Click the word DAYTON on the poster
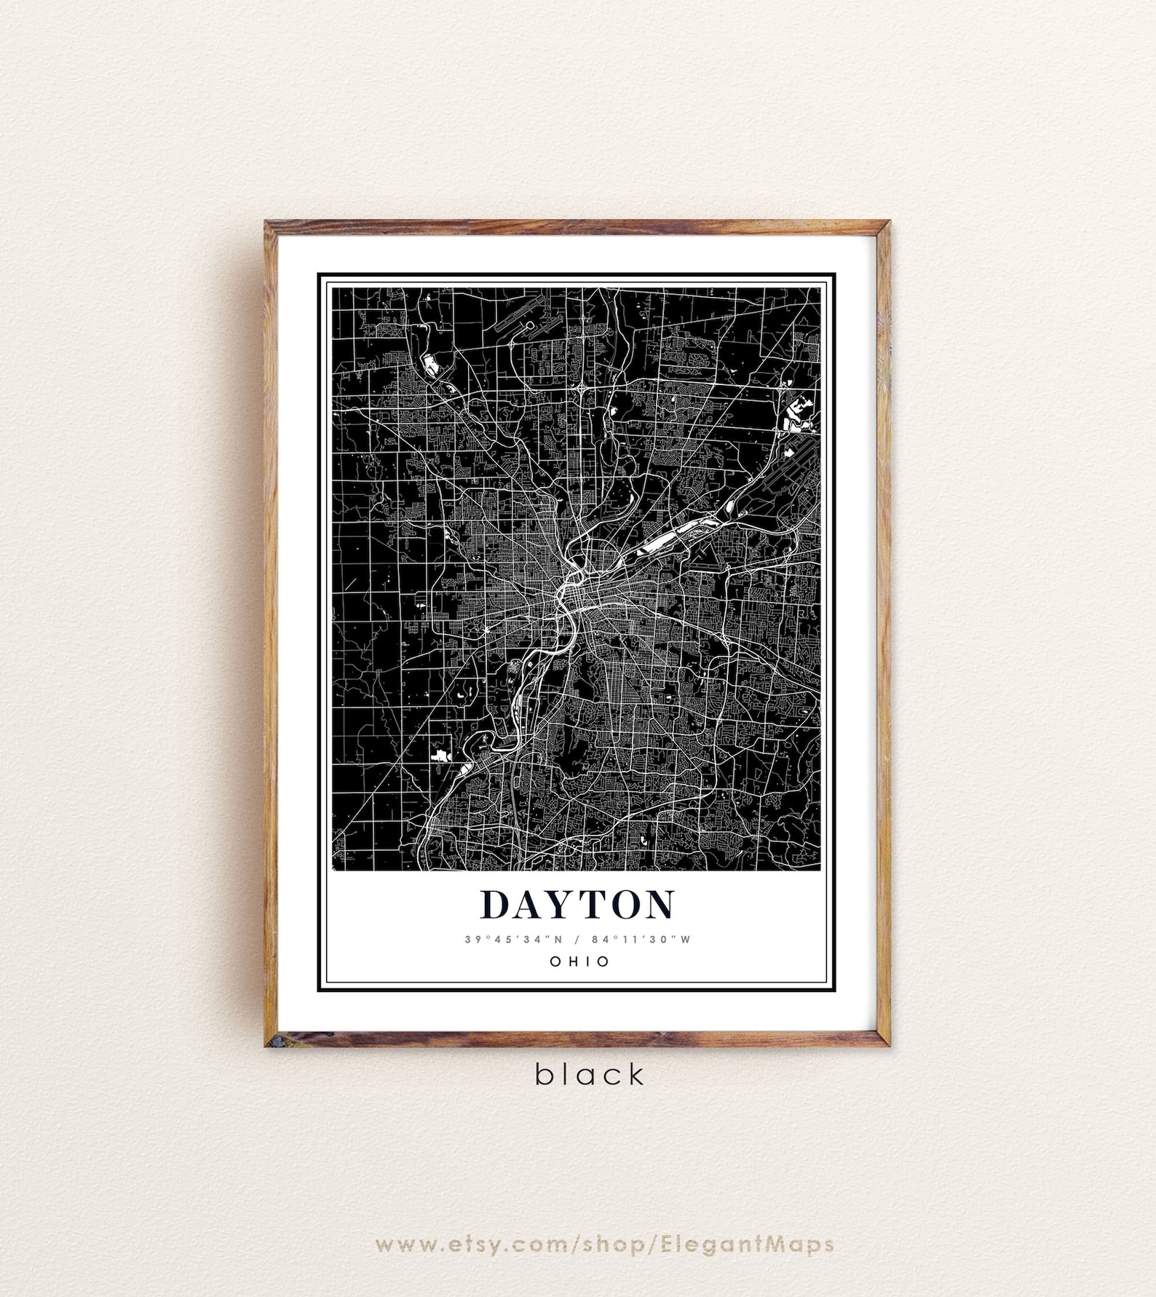(577, 904)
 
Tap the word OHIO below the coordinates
(579, 961)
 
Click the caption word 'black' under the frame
(590, 1074)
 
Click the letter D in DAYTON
(496, 904)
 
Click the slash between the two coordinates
(577, 939)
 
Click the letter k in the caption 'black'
(636, 1074)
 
